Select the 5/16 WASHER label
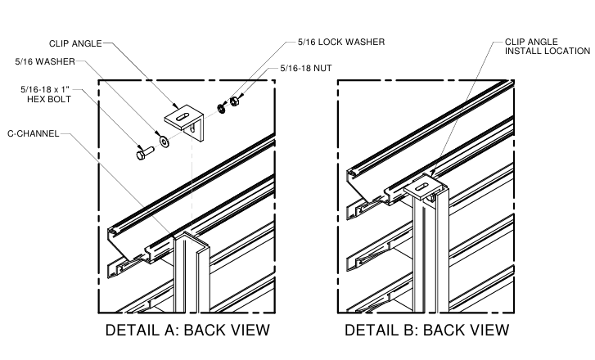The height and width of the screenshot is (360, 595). pos(47,61)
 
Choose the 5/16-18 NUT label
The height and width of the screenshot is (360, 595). pos(310,69)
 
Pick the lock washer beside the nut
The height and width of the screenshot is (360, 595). pos(221,107)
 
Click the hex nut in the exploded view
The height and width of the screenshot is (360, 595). pos(232,101)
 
